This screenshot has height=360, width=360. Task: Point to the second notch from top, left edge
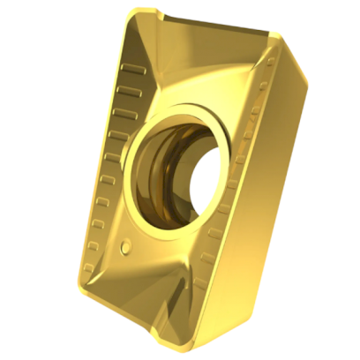click(x=126, y=86)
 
